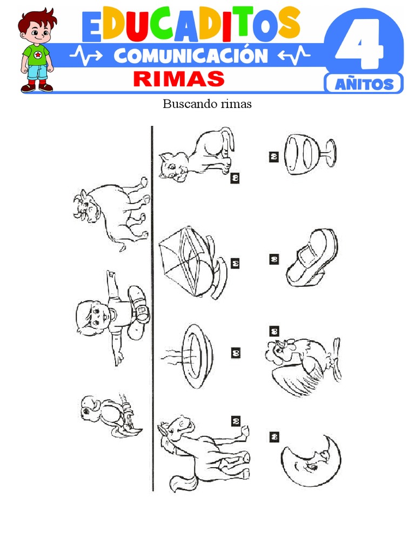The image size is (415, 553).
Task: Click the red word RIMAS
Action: point(179,79)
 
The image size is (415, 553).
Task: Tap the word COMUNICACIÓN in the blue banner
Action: point(191,56)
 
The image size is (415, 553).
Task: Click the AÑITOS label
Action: point(364,84)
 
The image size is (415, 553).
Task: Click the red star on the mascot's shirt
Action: point(37,55)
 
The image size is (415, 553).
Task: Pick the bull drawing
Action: point(111,213)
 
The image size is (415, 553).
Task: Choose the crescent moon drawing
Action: point(311,461)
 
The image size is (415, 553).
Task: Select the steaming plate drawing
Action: point(188,356)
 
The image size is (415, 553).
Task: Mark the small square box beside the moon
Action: point(274,437)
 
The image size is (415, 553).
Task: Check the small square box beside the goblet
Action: point(274,157)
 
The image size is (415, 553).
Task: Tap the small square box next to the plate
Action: point(236,353)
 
